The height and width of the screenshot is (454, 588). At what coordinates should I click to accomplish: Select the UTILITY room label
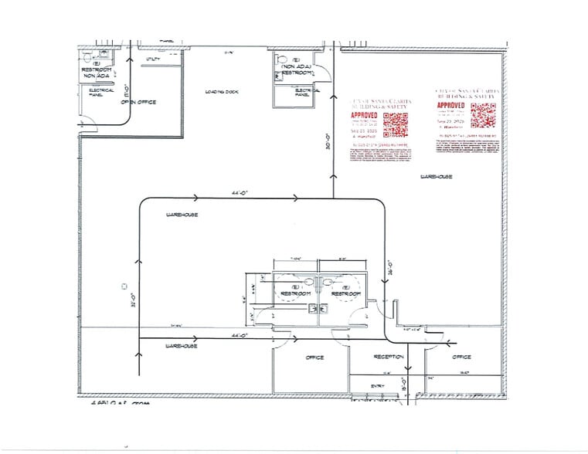(x=151, y=58)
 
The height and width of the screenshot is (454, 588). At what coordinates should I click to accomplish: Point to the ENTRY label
(x=378, y=386)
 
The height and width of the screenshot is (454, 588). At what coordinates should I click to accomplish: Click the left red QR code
(x=395, y=124)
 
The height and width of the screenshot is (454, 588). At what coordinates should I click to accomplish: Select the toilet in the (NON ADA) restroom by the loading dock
(x=282, y=60)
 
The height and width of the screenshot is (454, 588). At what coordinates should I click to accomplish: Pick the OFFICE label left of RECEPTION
(x=314, y=357)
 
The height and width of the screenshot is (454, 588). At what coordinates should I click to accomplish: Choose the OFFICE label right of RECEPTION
(x=461, y=357)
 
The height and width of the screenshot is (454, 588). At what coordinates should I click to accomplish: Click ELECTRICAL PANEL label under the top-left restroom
(x=101, y=93)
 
